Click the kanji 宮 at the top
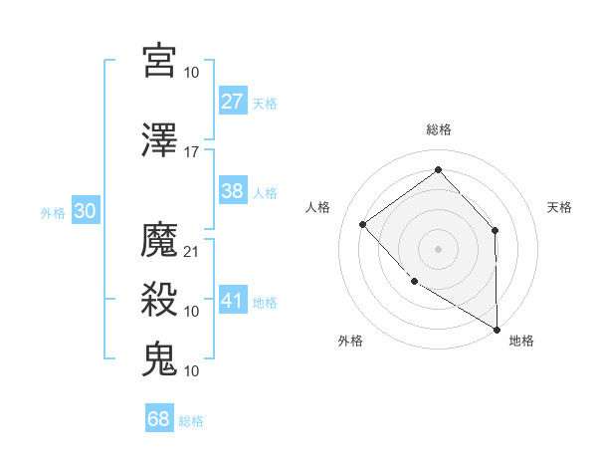click(159, 61)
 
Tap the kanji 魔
click(159, 240)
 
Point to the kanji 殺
click(159, 300)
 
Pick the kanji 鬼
click(159, 359)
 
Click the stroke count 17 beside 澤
click(192, 152)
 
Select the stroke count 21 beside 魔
click(192, 251)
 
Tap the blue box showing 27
click(233, 102)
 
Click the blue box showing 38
click(233, 192)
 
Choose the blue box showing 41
click(233, 300)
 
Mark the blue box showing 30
click(86, 212)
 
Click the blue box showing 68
click(159, 419)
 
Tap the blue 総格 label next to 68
click(191, 421)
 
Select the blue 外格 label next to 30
click(53, 213)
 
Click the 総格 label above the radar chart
click(439, 129)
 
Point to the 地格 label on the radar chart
click(521, 341)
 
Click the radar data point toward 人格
click(363, 224)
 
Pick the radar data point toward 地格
click(497, 329)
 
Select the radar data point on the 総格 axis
click(439, 169)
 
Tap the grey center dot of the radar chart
click(439, 248)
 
